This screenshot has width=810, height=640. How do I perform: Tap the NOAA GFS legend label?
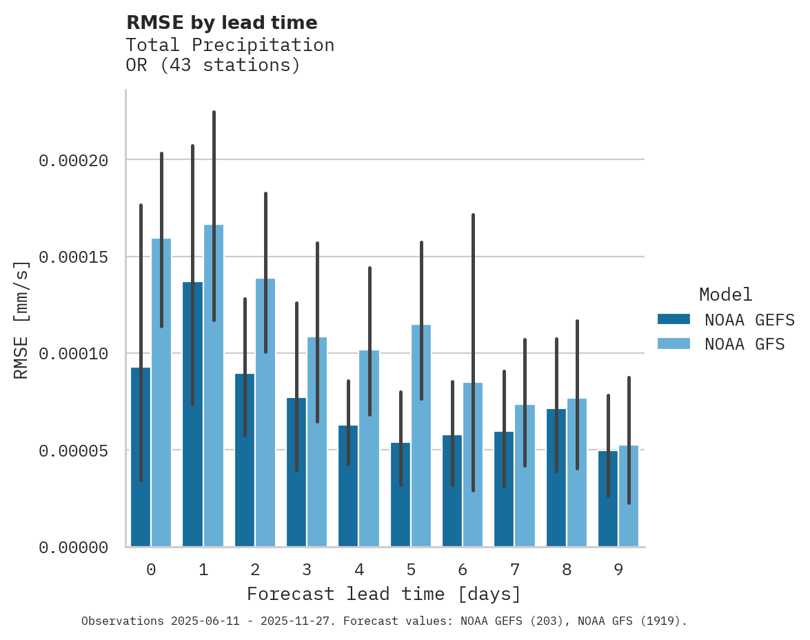(745, 343)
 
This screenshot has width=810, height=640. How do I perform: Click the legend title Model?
(725, 294)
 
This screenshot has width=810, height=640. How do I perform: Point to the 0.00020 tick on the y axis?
(74, 161)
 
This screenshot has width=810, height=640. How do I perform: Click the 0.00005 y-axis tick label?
(74, 450)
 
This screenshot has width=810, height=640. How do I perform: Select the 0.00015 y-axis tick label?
(74, 257)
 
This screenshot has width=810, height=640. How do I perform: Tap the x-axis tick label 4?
(359, 570)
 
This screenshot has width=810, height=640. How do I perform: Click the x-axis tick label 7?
(515, 570)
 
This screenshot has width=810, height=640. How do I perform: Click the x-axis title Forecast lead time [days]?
(384, 594)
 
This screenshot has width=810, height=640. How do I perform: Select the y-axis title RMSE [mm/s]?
(21, 320)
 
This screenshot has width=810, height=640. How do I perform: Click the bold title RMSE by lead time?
(221, 23)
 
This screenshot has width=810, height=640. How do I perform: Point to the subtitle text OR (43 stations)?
(213, 66)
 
